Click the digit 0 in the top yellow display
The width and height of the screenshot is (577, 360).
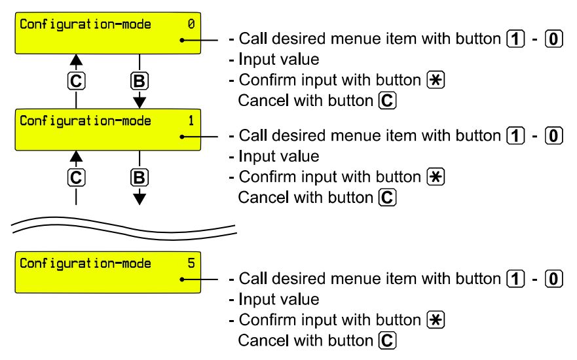191,25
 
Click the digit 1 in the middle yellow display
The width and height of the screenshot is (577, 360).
191,121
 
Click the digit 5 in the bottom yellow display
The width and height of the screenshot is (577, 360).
191,264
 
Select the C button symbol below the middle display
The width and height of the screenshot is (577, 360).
77,177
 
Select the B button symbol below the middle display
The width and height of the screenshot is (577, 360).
140,177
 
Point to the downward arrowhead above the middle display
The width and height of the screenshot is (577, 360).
140,102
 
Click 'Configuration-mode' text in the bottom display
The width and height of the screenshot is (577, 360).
85,264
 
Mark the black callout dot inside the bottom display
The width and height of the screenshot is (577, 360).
184,279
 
